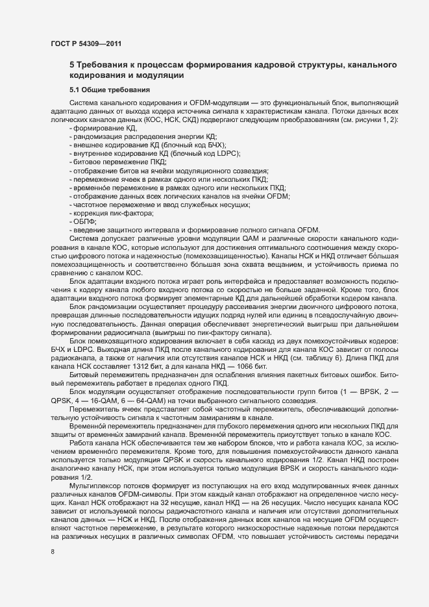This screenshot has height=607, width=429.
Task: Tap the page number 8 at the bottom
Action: (53, 552)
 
